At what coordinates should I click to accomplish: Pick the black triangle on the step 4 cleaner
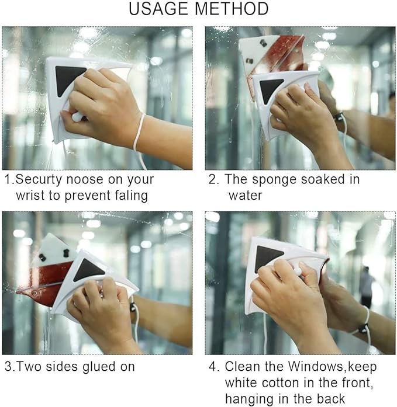pyautogui.click(x=268, y=258)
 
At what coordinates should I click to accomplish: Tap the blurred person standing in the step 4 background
pyautogui.click(x=366, y=286)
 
